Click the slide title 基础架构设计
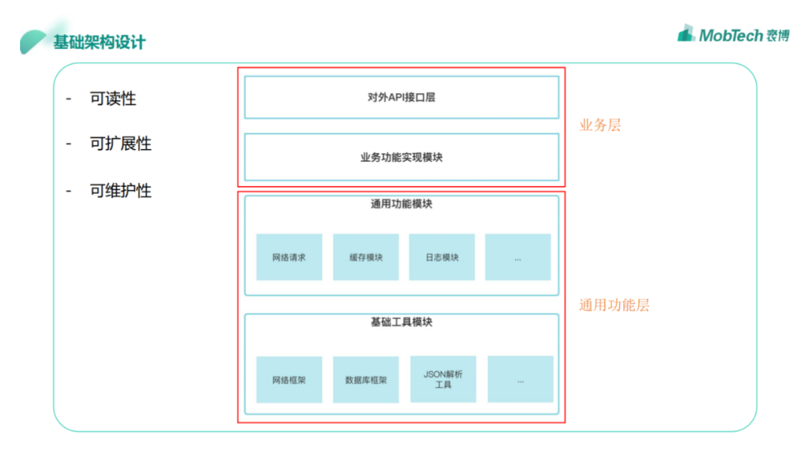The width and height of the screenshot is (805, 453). (99, 42)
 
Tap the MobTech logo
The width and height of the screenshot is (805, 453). (733, 34)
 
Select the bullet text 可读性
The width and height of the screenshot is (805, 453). (113, 98)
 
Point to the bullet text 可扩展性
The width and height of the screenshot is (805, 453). (121, 144)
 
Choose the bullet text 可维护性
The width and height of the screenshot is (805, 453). (121, 191)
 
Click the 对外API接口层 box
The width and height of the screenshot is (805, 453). (401, 97)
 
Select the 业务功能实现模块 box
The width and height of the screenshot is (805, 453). (401, 157)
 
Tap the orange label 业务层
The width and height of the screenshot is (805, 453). (600, 125)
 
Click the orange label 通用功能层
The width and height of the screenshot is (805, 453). (614, 305)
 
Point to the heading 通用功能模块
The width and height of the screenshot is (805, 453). (401, 203)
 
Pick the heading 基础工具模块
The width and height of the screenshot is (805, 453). (401, 322)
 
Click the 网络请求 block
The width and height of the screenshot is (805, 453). (289, 257)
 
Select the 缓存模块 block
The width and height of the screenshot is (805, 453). (366, 257)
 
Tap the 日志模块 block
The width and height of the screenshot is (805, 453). (442, 257)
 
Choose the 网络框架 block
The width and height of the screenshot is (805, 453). (289, 379)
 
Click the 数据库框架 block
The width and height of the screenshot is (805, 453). (366, 379)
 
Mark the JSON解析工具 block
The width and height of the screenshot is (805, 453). (443, 379)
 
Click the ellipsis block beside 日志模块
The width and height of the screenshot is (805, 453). (518, 257)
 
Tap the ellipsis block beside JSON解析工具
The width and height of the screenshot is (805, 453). (520, 379)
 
